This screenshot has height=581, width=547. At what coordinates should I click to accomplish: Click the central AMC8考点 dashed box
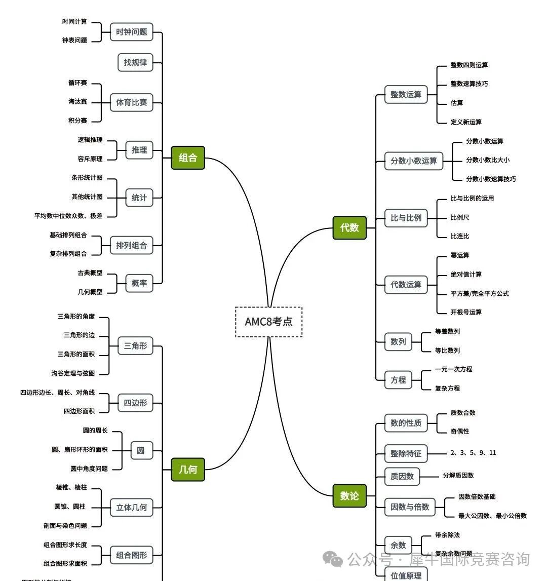pyautogui.click(x=268, y=322)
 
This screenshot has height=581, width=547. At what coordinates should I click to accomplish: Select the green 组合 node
pyautogui.click(x=188, y=158)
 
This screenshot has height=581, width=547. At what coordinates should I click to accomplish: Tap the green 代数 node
pyautogui.click(x=349, y=228)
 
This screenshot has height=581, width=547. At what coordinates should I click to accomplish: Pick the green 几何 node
pyautogui.click(x=188, y=470)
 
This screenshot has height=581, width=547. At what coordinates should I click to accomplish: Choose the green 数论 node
pyautogui.click(x=349, y=496)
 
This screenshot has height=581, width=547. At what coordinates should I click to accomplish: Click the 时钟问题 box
pyautogui.click(x=132, y=32)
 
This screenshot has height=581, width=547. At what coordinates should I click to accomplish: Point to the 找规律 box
pyautogui.click(x=135, y=62)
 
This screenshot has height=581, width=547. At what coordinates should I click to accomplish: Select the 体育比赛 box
pyautogui.click(x=132, y=102)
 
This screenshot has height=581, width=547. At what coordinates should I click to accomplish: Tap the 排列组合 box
pyautogui.click(x=132, y=245)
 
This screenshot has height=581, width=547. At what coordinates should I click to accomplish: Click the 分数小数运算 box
pyautogui.click(x=414, y=161)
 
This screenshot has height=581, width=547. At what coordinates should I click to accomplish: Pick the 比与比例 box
pyautogui.click(x=406, y=218)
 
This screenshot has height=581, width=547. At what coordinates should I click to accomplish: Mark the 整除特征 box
pyautogui.click(x=406, y=453)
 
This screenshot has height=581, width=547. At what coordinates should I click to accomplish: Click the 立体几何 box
pyautogui.click(x=132, y=507)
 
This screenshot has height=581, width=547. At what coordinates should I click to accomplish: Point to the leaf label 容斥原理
pyautogui.click(x=90, y=159)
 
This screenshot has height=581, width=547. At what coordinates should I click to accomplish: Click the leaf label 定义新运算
pyautogui.click(x=466, y=122)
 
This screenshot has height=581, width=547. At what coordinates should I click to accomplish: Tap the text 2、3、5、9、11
pyautogui.click(x=473, y=453)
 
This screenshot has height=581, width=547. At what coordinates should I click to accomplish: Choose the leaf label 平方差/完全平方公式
pyautogui.click(x=480, y=293)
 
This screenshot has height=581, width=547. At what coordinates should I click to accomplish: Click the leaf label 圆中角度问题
pyautogui.click(x=89, y=469)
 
